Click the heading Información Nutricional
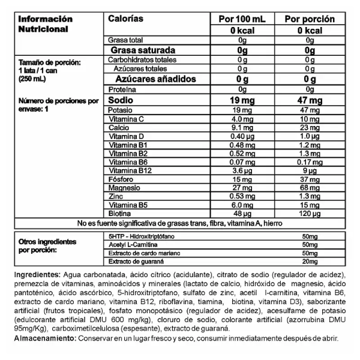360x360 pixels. click(x=46, y=23)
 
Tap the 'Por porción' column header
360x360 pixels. click(x=309, y=19)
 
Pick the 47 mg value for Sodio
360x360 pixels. click(x=309, y=100)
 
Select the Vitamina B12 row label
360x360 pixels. click(x=128, y=170)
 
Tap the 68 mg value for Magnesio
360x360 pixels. click(x=309, y=187)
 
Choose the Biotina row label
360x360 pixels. click(x=119, y=213)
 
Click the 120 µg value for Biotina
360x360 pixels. click(x=309, y=213)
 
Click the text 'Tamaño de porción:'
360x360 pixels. click(x=49, y=62)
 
